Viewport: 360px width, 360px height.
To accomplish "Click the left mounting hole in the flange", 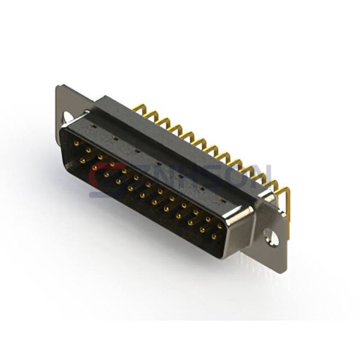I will [x=68, y=116].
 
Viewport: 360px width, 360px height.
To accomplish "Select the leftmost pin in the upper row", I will [x=76, y=143].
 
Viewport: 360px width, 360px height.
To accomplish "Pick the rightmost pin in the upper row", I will [x=220, y=227].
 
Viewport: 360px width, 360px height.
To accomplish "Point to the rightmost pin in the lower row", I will [x=214, y=237].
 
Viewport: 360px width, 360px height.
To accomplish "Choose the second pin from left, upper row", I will [x=88, y=150].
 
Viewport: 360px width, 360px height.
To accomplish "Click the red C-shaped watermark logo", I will [x=102, y=177].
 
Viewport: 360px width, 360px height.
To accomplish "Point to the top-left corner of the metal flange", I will [x=58, y=87].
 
